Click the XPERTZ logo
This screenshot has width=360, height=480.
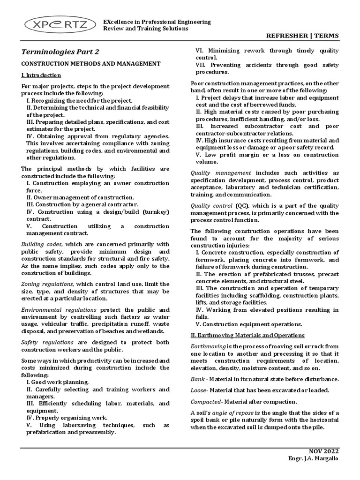[55, 25]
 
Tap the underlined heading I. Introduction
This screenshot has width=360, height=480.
[41, 75]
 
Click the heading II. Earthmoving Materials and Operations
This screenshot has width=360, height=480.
[247, 335]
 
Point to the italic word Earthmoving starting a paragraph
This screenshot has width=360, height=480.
[208, 346]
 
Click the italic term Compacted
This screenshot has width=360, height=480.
[206, 402]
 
